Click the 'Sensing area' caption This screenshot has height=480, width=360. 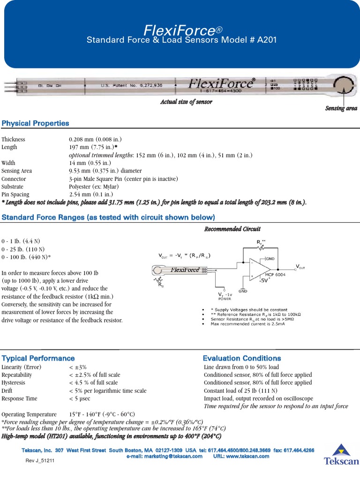point(341,108)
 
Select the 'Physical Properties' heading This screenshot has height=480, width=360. point(36,123)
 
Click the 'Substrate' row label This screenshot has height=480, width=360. point(14,187)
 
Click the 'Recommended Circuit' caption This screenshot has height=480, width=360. point(232,229)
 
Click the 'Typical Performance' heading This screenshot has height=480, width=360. point(38,358)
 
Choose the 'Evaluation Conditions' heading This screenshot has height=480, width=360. point(242,358)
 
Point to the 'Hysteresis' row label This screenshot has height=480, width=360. point(14,382)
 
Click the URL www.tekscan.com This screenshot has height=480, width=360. point(241,456)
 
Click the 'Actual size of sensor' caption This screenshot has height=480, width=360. point(186,102)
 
